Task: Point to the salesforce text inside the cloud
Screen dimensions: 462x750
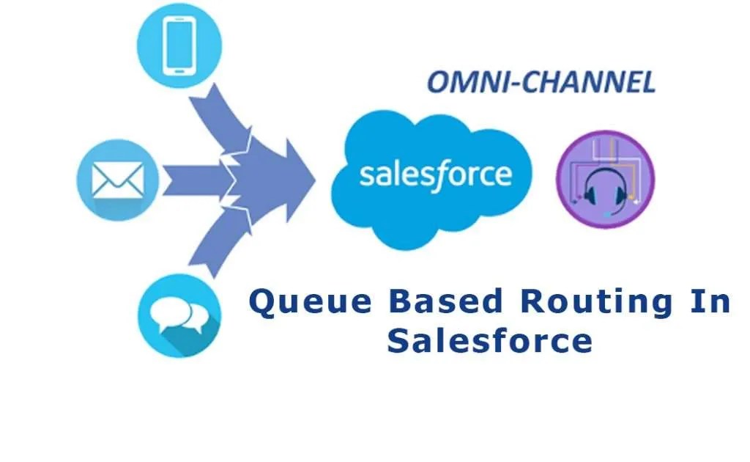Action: click(x=435, y=175)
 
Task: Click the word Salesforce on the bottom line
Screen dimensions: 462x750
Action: click(x=489, y=341)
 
